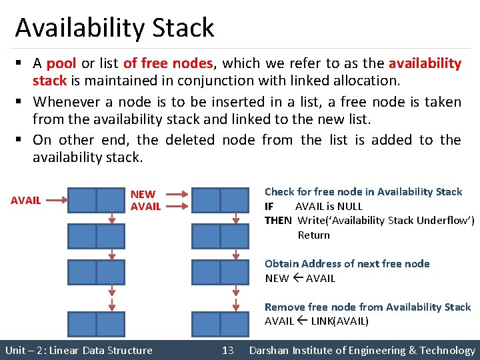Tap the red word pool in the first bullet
click(61, 64)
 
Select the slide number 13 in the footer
click(227, 350)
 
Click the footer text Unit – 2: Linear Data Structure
click(79, 350)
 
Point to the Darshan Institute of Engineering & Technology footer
click(362, 350)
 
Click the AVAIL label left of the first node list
click(26, 200)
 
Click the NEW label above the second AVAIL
click(143, 195)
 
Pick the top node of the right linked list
click(220, 200)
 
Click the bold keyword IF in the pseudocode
click(269, 206)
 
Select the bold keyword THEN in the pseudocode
click(278, 221)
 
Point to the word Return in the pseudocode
click(313, 235)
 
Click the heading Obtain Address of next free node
click(347, 263)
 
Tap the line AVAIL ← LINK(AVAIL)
click(316, 321)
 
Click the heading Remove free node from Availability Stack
click(367, 307)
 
